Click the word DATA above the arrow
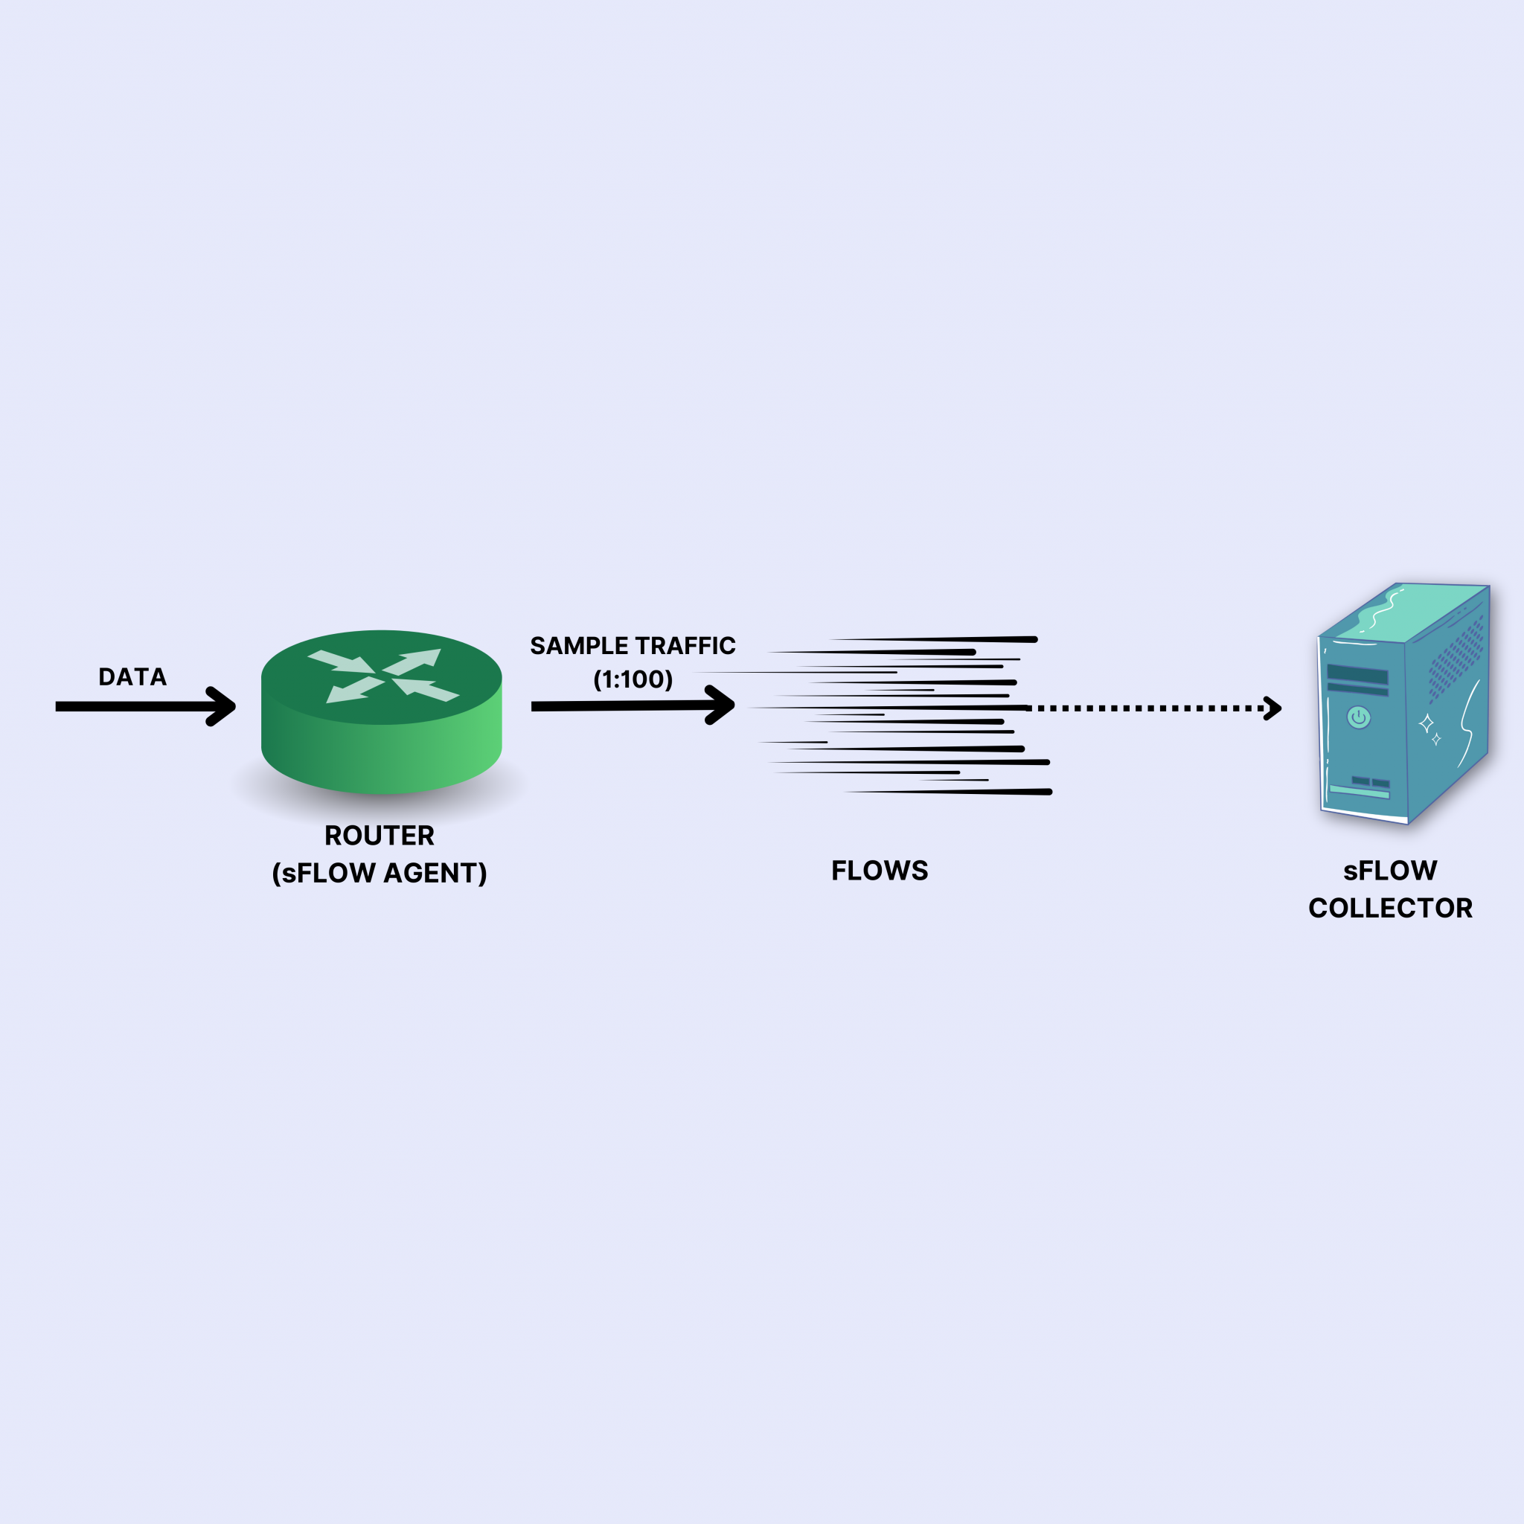pos(132,677)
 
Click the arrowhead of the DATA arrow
pos(224,706)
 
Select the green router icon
pos(381,710)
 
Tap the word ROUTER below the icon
pos(380,836)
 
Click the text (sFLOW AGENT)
pos(380,873)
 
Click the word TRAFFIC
pos(685,646)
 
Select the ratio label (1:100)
pos(633,679)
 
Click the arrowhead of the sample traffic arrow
pos(723,705)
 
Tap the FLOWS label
pos(880,871)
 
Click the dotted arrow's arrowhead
pos(1273,708)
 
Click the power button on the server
pos(1358,717)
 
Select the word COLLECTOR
pos(1391,909)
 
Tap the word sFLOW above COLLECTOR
pos(1391,871)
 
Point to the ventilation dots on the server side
pos(1456,659)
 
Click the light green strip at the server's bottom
pos(1359,791)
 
